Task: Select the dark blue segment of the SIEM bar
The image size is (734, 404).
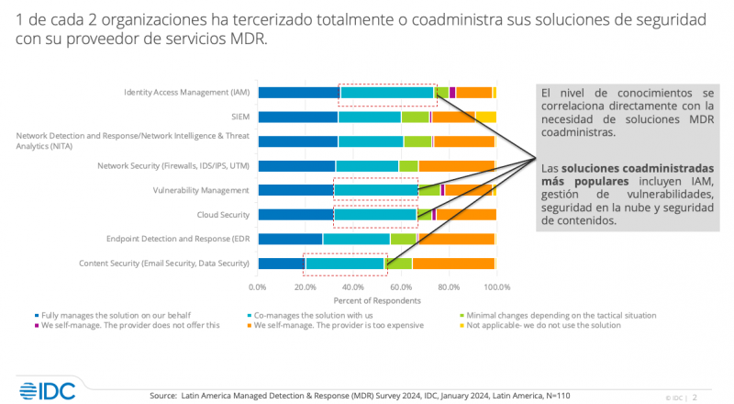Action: click(x=297, y=117)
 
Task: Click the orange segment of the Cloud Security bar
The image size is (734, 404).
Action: click(x=466, y=214)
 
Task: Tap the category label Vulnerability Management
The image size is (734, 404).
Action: click(x=200, y=190)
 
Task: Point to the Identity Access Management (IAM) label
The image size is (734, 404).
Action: click(x=187, y=93)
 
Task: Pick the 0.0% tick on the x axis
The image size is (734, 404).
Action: click(x=258, y=286)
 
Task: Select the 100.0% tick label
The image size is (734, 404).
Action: click(x=496, y=286)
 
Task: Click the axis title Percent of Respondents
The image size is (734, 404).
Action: click(x=376, y=300)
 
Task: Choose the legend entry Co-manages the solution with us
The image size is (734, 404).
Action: click(x=303, y=315)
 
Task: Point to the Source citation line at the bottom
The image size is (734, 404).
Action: click(x=359, y=396)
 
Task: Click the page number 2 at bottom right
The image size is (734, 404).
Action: click(x=695, y=398)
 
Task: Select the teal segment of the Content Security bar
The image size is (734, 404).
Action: click(x=345, y=264)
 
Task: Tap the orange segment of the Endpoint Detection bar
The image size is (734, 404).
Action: click(x=456, y=239)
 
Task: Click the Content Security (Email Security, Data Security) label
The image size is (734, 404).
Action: click(x=175, y=264)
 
